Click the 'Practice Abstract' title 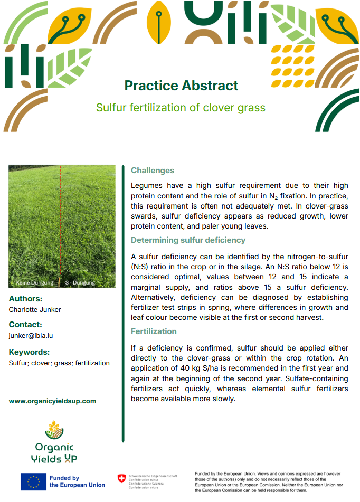(x=181, y=86)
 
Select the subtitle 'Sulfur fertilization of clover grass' (x=181, y=108)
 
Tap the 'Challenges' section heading (x=153, y=171)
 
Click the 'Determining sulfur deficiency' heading (x=188, y=240)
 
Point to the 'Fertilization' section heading (x=154, y=331)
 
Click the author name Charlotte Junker (x=35, y=309)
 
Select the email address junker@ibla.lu (x=31, y=336)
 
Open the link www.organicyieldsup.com (x=53, y=401)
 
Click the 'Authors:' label (x=26, y=299)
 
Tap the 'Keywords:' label (x=29, y=352)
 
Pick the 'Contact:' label (x=26, y=325)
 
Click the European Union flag (x=33, y=482)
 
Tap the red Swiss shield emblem (x=122, y=479)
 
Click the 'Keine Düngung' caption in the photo (x=35, y=283)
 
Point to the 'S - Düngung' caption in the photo (x=80, y=283)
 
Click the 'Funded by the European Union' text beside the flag (x=77, y=481)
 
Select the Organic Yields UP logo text (x=54, y=453)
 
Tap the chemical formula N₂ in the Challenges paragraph (x=273, y=196)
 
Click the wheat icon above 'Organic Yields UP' (x=54, y=430)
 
